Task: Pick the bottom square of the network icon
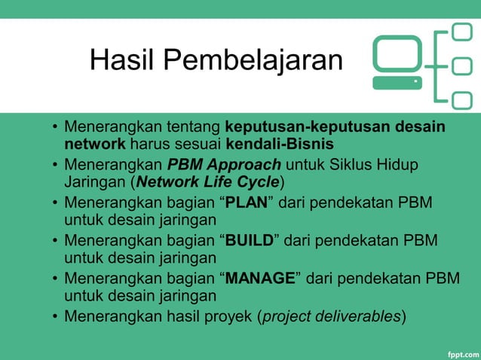[461, 97]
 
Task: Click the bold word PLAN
[247, 202]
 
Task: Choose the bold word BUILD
[250, 239]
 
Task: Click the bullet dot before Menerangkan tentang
[55, 127]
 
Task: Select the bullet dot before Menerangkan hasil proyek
[55, 316]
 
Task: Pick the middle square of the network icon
[461, 65]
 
